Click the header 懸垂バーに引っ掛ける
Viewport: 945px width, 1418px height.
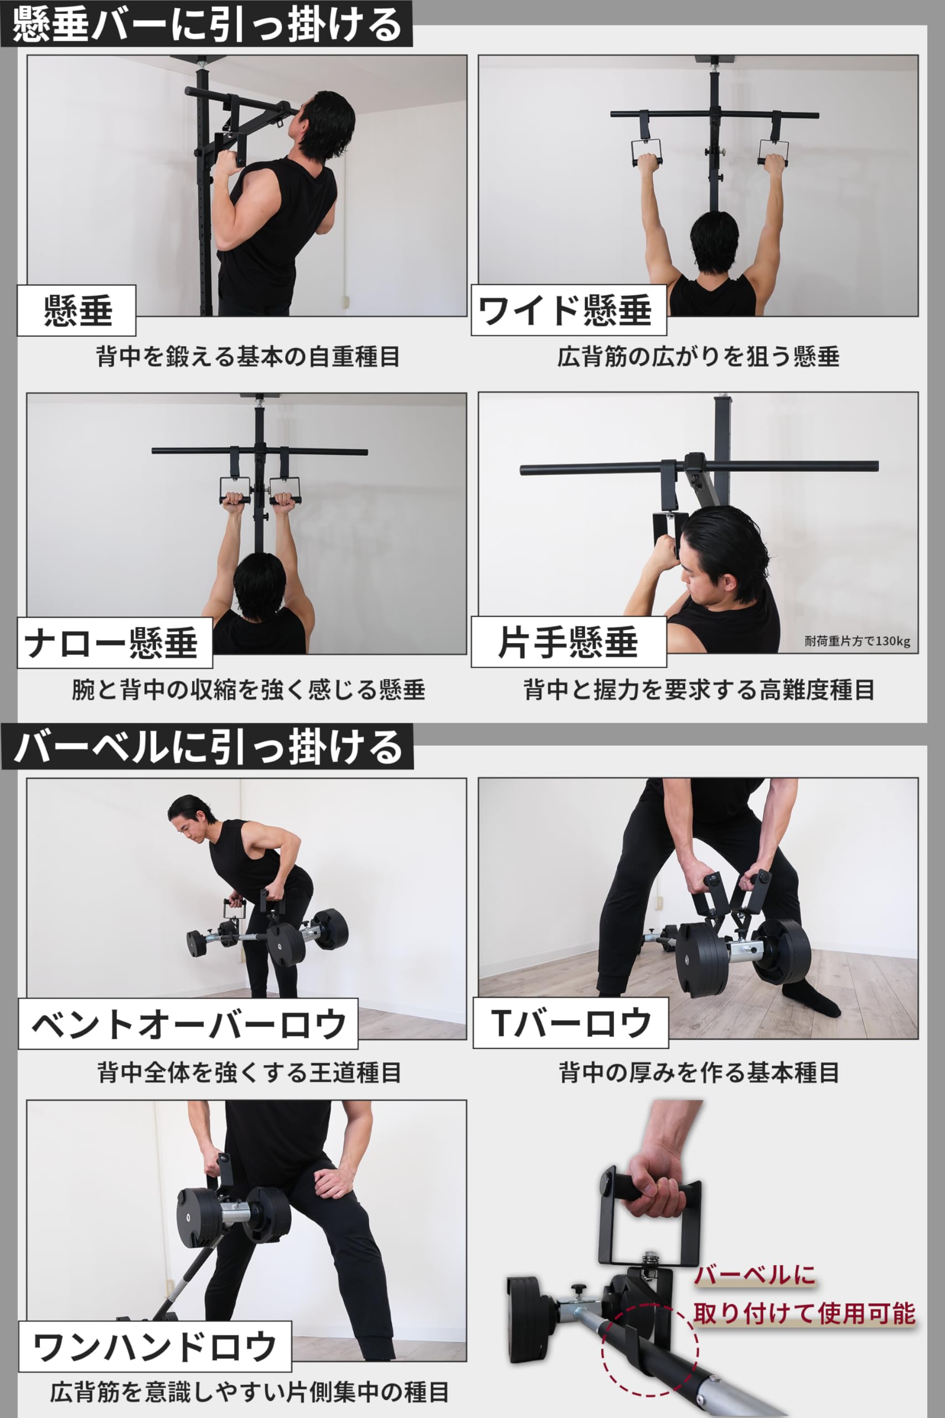tap(206, 24)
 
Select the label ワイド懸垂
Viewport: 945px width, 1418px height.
tap(565, 311)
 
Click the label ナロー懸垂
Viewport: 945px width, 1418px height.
tap(111, 643)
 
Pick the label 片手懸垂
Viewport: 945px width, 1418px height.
tap(568, 642)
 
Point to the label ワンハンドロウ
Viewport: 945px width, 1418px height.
tap(155, 1347)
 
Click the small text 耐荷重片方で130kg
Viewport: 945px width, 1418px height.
tap(857, 641)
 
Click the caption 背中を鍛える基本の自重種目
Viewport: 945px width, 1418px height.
tap(247, 356)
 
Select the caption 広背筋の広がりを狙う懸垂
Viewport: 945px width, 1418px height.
tap(698, 356)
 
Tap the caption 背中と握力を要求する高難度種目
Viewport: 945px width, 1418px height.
tap(699, 689)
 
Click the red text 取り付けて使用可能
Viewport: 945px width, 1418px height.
tap(804, 1314)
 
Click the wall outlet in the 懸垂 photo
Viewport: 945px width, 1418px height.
tap(345, 300)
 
